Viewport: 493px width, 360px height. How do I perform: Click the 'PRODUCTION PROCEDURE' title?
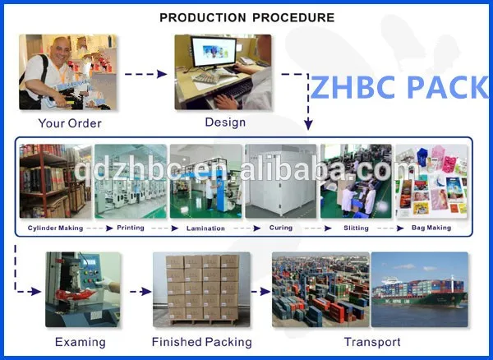[x=246, y=17]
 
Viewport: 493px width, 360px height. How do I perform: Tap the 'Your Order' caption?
[x=70, y=124]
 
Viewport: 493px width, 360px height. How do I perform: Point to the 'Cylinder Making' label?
[x=55, y=228]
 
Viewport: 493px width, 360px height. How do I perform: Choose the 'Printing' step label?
[x=131, y=228]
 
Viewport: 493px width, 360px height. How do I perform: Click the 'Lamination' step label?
[x=205, y=228]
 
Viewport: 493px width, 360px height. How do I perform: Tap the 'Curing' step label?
[x=281, y=228]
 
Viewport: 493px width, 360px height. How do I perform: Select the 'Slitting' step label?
[x=357, y=228]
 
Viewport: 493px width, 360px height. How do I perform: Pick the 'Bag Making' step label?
[x=431, y=228]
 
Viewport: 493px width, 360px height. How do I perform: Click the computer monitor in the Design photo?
[x=216, y=56]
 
